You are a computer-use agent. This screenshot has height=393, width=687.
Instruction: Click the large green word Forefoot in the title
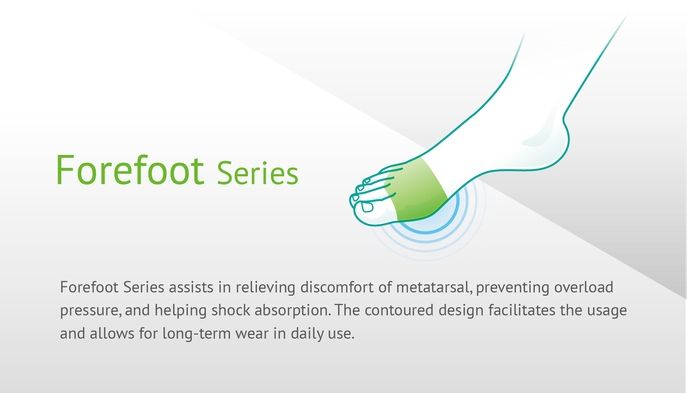130,170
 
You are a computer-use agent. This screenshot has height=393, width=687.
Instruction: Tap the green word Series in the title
257,173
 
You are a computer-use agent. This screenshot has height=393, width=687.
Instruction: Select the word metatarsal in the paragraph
434,287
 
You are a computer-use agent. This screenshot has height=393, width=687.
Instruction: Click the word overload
584,287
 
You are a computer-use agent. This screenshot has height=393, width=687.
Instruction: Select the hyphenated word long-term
196,334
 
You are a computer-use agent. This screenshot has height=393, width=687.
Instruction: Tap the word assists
191,287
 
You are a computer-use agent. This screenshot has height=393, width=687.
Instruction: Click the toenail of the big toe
368,207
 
